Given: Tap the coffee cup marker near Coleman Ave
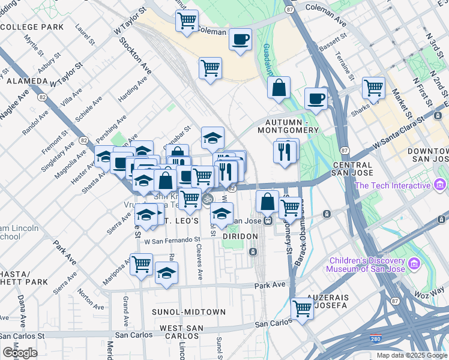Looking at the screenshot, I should (x=241, y=40).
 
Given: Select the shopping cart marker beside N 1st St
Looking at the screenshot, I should (x=373, y=88).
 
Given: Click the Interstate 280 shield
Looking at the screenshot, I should (x=376, y=340).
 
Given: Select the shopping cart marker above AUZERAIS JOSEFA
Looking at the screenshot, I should (x=303, y=309).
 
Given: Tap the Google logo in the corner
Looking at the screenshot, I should (x=20, y=353).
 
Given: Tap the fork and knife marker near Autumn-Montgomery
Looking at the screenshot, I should (x=285, y=151).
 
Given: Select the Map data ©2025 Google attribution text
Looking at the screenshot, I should (x=411, y=355).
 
